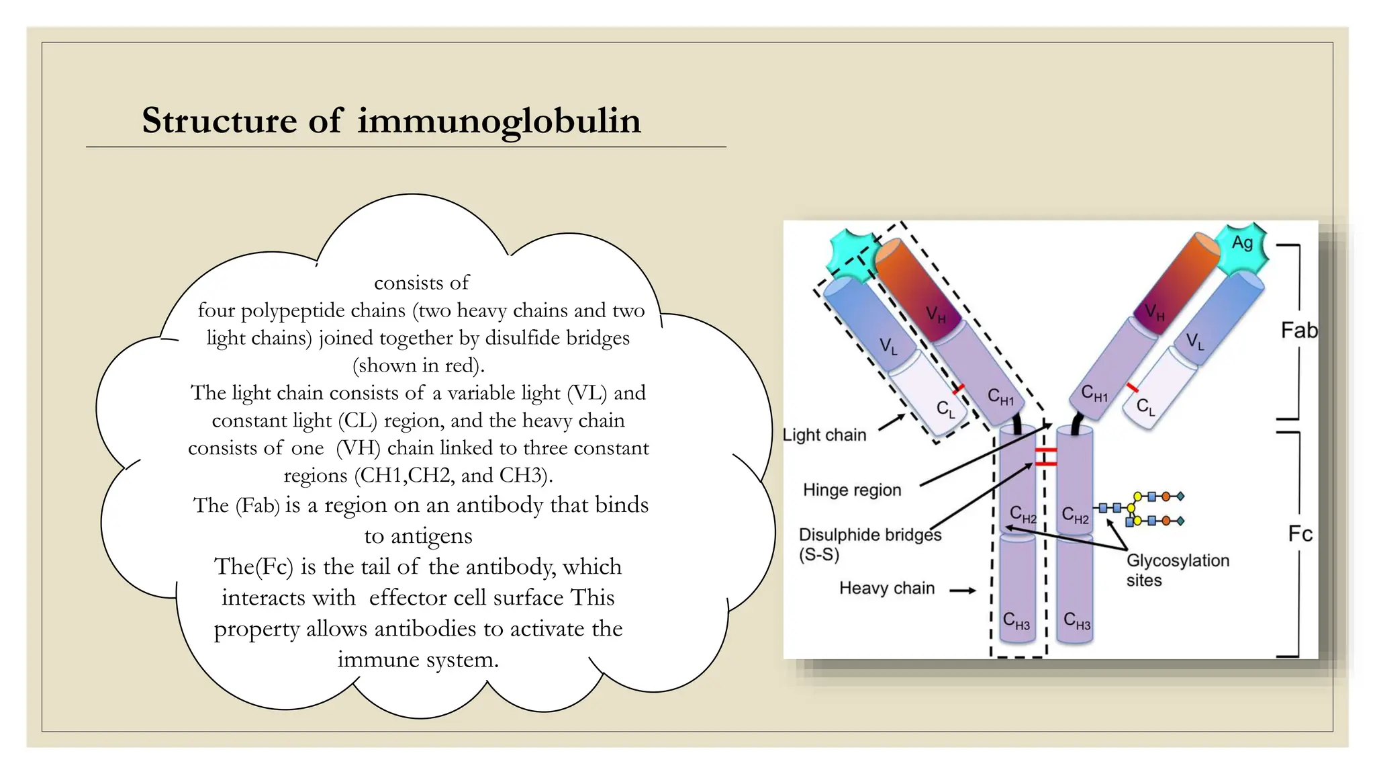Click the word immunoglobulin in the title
click(499, 122)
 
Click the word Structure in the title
click(219, 122)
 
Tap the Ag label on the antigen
click(1242, 243)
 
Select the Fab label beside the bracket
click(1298, 331)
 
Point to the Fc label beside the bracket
click(1300, 534)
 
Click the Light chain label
click(824, 435)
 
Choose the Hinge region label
click(852, 490)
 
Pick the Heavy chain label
click(886, 589)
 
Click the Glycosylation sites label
click(1177, 570)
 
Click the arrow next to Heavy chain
click(962, 591)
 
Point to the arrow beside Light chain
click(891, 423)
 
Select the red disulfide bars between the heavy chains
click(1045, 457)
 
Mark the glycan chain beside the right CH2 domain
click(1141, 509)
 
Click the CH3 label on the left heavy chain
click(1016, 621)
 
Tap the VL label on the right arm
click(1194, 341)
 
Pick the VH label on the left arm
click(935, 314)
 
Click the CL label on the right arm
click(1145, 407)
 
